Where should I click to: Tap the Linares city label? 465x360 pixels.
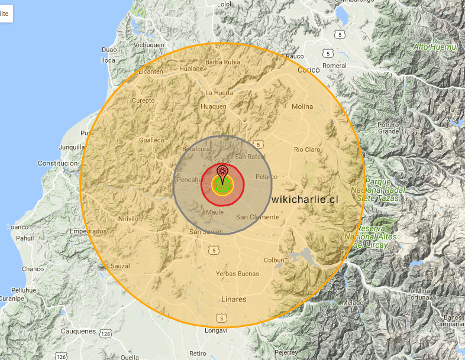tap(234, 299)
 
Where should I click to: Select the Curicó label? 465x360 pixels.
tap(308, 70)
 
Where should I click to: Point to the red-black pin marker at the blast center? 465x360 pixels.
tap(222, 172)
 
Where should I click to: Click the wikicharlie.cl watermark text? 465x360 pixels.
tap(305, 199)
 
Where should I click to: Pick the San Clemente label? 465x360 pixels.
tap(257, 217)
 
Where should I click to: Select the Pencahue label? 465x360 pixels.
tap(191, 179)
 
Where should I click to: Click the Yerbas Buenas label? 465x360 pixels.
tap(237, 274)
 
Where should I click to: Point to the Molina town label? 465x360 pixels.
tap(302, 106)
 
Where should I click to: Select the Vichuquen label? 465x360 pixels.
tap(148, 45)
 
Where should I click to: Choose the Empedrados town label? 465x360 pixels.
tap(88, 231)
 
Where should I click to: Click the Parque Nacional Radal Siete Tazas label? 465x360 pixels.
tap(374, 189)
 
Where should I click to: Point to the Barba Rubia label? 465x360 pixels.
tap(222, 62)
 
